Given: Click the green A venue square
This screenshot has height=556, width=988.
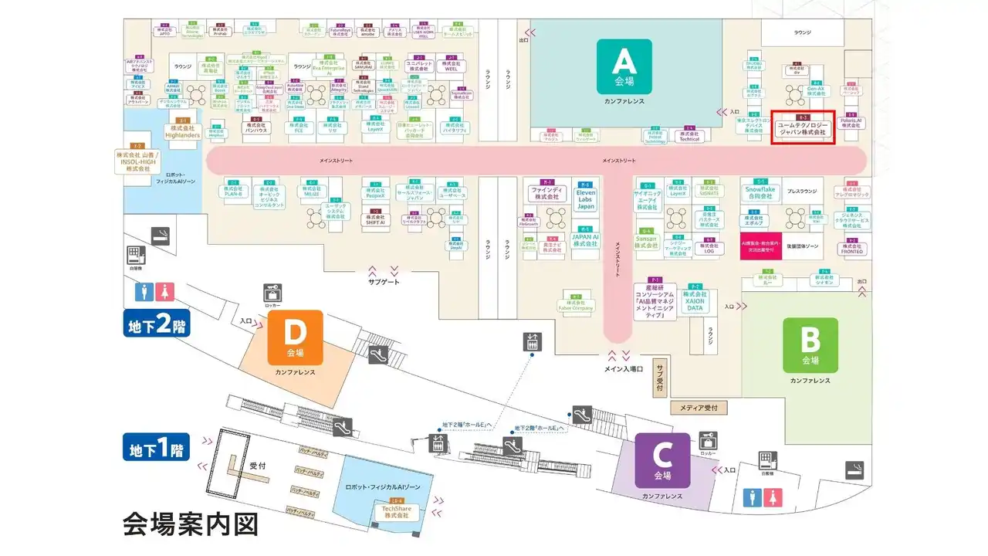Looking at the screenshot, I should click(624, 66).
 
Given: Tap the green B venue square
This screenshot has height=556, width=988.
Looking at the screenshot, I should click(810, 345).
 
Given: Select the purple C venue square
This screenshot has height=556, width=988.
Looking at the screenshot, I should click(662, 460).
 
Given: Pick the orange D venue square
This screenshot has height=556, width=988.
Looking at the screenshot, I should click(295, 337).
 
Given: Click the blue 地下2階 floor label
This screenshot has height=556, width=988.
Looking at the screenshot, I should click(156, 323).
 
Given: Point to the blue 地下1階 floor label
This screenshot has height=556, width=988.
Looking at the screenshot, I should click(156, 447).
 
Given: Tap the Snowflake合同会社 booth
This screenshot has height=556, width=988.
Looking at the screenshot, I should click(759, 192).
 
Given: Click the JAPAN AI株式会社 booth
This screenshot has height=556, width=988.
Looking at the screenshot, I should click(586, 240).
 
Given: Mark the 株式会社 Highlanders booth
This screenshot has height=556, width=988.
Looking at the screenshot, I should click(183, 131).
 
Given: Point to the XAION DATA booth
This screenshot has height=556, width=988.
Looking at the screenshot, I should click(695, 300).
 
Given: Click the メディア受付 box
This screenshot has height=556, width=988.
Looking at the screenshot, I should click(699, 407).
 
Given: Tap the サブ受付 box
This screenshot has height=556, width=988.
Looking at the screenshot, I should click(659, 377).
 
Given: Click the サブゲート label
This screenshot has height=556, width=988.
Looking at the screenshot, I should click(383, 283).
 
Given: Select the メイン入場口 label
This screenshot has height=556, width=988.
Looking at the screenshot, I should click(623, 368).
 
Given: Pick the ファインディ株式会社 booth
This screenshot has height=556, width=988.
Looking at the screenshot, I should click(546, 192).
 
